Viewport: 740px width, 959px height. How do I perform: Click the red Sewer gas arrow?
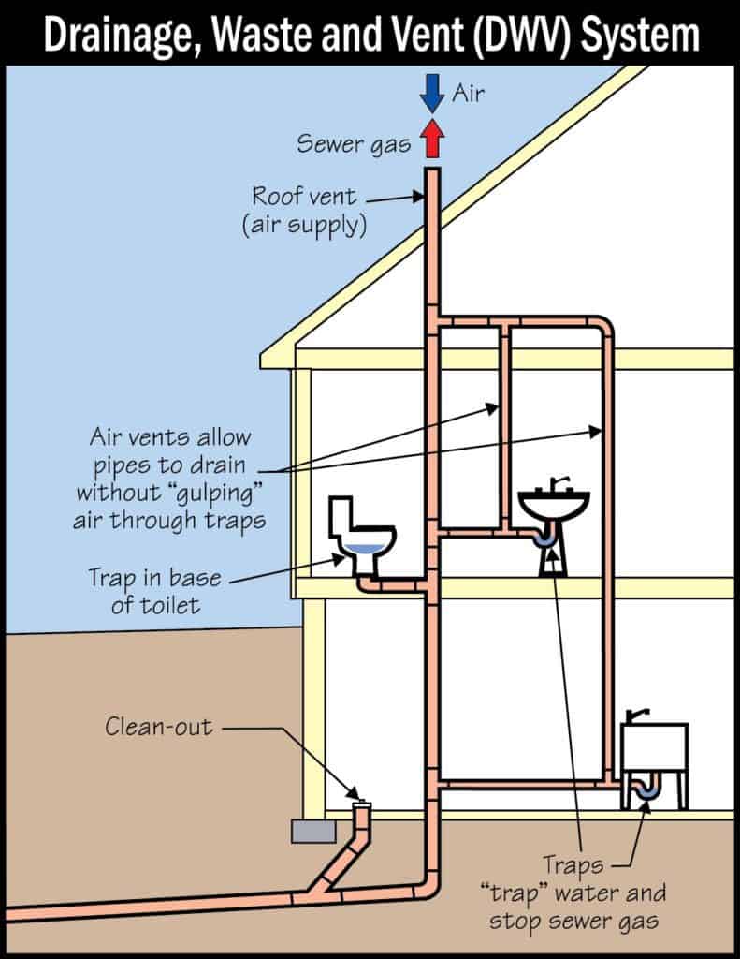431,140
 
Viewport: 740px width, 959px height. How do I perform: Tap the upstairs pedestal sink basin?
554,506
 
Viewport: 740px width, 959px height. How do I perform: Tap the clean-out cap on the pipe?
361,803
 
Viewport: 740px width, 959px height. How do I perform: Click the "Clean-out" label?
158,726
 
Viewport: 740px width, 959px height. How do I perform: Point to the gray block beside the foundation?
312,831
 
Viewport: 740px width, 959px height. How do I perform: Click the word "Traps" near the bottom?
575,864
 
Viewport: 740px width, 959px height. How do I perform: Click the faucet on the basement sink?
639,716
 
